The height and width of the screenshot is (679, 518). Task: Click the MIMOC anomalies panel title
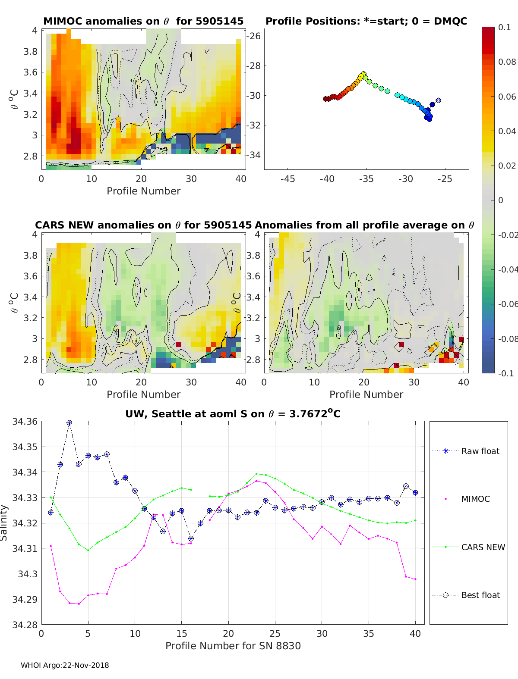tap(143, 21)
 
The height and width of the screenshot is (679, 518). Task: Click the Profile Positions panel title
tap(366, 21)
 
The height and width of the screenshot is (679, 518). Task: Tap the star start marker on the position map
tap(438, 100)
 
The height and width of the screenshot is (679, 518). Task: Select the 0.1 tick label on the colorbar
tap(504, 27)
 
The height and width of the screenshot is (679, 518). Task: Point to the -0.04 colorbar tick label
tap(507, 269)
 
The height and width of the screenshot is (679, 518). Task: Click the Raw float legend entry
tap(480, 451)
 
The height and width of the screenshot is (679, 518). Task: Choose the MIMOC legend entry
tap(475, 499)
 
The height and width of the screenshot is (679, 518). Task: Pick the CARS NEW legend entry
tap(483, 547)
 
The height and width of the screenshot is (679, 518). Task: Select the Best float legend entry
tap(480, 595)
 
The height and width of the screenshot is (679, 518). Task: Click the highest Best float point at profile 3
tap(69, 423)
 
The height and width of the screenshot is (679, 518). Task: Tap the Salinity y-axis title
tap(4, 523)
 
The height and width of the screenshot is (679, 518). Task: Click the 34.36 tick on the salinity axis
tap(25, 422)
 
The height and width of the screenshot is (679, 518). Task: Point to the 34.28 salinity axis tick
tap(25, 624)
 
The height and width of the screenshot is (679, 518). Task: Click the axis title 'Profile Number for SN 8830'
tap(233, 646)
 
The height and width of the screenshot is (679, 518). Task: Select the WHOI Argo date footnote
tap(65, 665)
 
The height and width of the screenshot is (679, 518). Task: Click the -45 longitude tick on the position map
tap(287, 179)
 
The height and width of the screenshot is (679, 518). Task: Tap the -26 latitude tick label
tap(254, 36)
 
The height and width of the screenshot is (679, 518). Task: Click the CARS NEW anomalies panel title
tap(143, 225)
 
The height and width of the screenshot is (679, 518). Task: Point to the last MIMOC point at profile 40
tap(415, 579)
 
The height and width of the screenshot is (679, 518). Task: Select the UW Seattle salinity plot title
tap(233, 414)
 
